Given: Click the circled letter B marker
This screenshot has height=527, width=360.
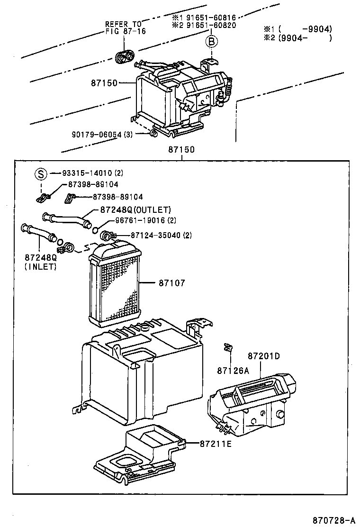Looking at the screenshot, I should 212,42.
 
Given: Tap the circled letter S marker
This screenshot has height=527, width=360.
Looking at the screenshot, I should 41,173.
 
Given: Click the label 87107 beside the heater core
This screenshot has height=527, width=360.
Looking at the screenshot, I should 171,283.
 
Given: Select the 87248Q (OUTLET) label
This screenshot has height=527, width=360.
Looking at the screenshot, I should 135,209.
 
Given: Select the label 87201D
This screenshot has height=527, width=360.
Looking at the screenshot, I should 263,356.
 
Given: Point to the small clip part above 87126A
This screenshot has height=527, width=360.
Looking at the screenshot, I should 227,349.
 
